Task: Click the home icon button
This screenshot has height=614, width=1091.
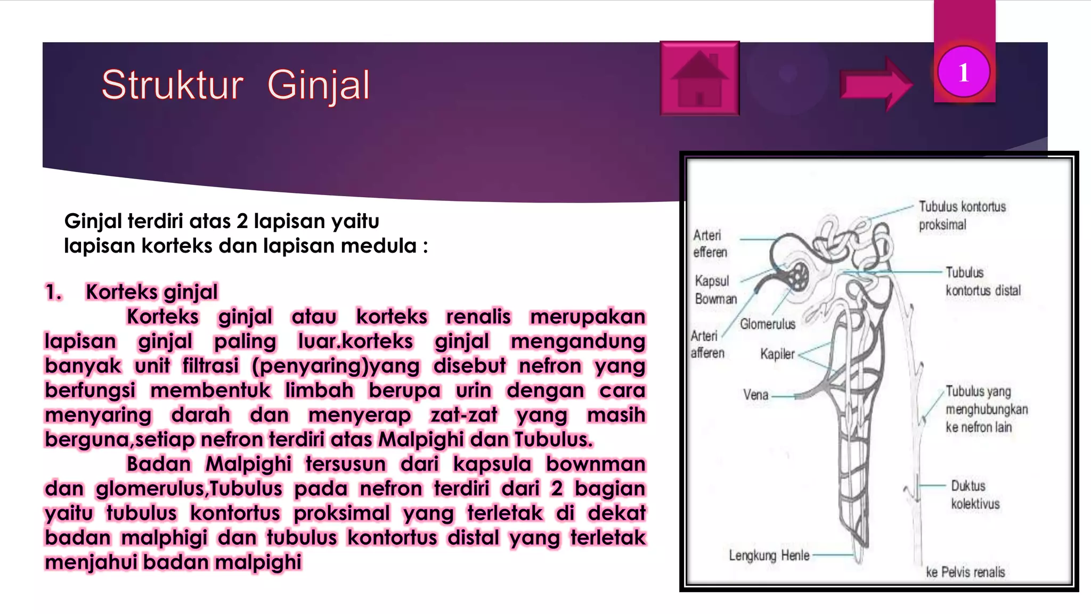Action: (699, 78)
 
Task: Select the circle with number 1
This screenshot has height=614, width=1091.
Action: (964, 72)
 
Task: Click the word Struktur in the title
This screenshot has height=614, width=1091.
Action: (172, 85)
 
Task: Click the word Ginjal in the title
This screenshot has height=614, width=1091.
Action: (318, 85)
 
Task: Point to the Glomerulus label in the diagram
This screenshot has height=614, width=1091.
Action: (767, 324)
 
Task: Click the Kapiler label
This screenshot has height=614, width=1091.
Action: (777, 354)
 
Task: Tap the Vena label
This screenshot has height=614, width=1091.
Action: (756, 395)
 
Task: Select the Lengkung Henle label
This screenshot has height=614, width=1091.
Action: (769, 555)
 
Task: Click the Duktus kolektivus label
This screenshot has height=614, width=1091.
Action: (975, 495)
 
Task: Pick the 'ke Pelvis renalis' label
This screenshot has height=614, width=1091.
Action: (965, 572)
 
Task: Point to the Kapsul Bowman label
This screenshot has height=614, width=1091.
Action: (715, 289)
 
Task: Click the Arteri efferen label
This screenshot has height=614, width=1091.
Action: (709, 244)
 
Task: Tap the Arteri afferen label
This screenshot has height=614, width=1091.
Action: (707, 344)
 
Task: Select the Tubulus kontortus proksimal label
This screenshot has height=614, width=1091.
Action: (962, 215)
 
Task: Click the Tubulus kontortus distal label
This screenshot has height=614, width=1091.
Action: (983, 281)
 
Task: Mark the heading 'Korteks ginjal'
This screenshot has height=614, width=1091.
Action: (152, 292)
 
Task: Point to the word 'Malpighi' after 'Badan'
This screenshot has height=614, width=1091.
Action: (248, 464)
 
